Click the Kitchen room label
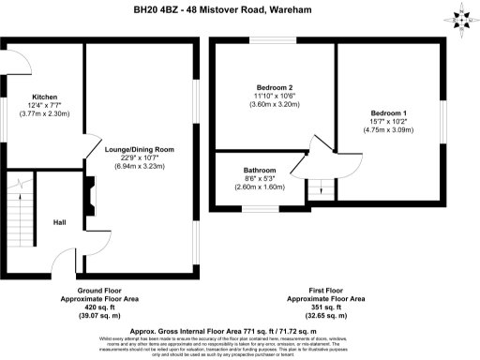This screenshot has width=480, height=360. pos(45,97)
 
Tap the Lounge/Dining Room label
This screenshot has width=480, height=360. pos(140,150)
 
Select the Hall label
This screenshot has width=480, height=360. pos(59,222)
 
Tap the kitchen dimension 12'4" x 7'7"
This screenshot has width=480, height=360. pos(45,106)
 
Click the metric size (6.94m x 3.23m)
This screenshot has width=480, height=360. pos(140,166)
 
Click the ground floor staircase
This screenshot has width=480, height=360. pos(16,202)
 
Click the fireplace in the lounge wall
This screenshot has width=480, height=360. pos(88,200)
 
